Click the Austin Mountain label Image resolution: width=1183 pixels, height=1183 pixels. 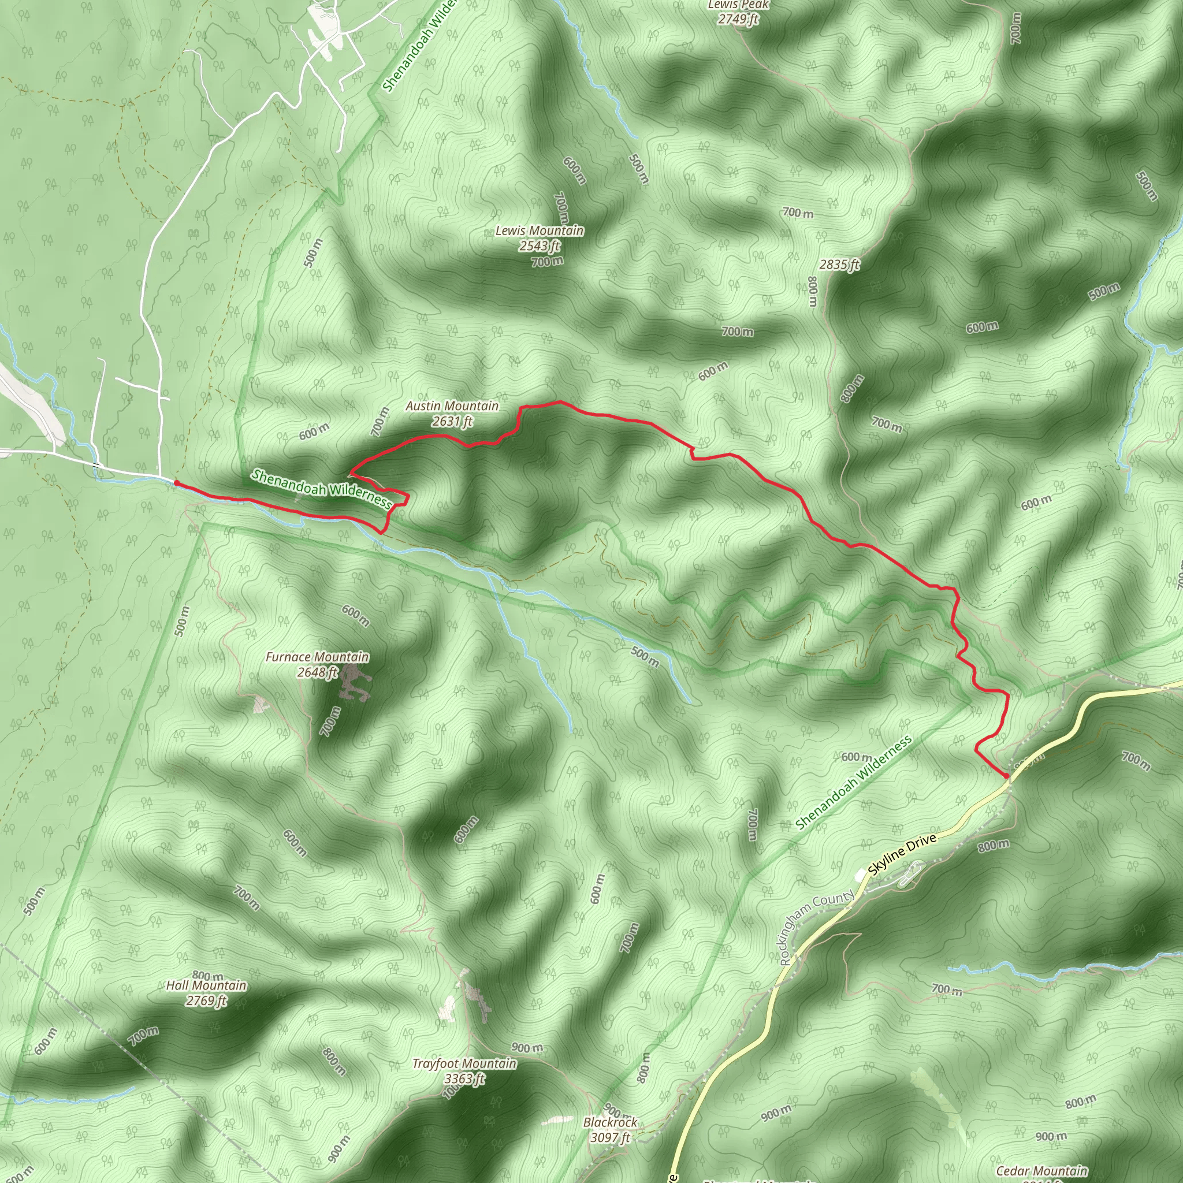coord(452,406)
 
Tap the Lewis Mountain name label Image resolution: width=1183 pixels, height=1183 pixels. coord(540,231)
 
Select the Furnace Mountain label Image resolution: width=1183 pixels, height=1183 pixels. coord(317,657)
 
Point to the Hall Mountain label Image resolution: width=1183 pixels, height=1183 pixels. coord(206,985)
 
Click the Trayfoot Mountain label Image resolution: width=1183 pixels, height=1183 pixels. coord(464,1063)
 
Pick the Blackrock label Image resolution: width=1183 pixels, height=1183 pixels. coord(610,1122)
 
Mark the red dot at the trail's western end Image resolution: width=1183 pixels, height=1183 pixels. coord(176,483)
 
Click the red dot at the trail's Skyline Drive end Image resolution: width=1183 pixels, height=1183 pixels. coord(1006,776)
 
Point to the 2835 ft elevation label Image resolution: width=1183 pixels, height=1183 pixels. coord(839,265)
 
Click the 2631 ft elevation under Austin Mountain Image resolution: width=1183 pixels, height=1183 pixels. coord(452,421)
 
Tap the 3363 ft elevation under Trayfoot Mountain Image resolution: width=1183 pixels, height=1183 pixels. coord(464,1079)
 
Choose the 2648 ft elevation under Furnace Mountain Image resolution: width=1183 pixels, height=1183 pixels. coord(317,672)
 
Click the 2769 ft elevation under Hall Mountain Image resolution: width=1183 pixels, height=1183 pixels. coord(206,1000)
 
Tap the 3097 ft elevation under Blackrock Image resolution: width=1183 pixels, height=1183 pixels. coord(610,1138)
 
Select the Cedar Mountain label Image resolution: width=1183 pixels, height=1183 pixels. coord(1041,1171)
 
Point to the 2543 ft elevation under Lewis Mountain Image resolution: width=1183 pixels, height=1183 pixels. coord(540,246)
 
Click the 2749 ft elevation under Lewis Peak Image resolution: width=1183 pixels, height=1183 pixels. coord(738,20)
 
